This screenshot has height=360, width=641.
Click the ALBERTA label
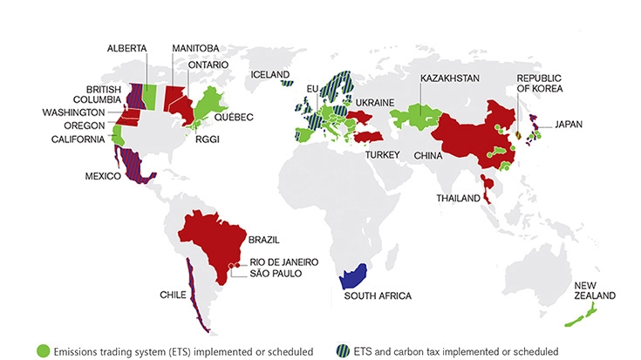(x=126, y=48)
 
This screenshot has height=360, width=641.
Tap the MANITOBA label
(x=194, y=48)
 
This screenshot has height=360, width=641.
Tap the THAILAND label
(x=458, y=199)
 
